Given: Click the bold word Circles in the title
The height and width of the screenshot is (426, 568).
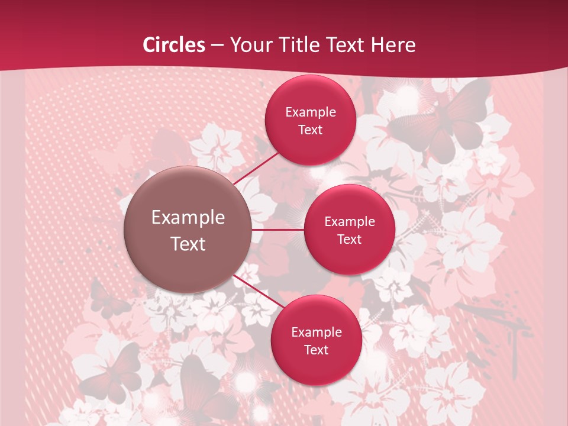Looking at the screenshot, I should pyautogui.click(x=174, y=45).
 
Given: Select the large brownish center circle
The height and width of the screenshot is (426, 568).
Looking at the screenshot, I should pyautogui.click(x=188, y=230).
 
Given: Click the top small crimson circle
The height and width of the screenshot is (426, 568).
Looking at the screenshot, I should pyautogui.click(x=310, y=120).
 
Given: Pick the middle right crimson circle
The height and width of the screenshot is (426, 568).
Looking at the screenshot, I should pyautogui.click(x=349, y=230).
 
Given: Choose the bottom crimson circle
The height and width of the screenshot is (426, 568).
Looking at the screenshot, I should pyautogui.click(x=316, y=340).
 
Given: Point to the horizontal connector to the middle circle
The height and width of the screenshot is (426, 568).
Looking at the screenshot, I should pyautogui.click(x=278, y=230).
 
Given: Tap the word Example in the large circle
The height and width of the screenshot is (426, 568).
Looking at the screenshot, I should pyautogui.click(x=188, y=218).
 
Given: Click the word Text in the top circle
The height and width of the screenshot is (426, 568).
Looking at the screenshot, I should pyautogui.click(x=310, y=130).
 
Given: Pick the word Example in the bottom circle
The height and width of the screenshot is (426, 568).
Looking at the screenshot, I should pyautogui.click(x=316, y=332).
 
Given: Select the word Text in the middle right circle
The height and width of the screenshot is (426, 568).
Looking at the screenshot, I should pyautogui.click(x=349, y=239).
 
